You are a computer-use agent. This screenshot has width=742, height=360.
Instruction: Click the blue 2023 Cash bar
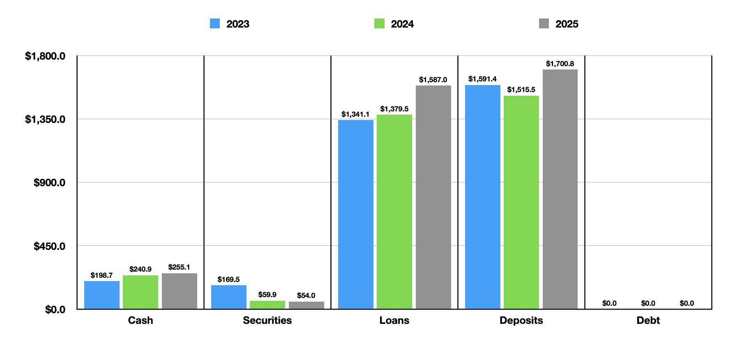tap(101, 295)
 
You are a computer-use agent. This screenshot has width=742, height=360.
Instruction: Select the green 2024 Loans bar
tap(394, 212)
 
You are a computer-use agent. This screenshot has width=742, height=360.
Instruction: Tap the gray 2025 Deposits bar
tap(560, 189)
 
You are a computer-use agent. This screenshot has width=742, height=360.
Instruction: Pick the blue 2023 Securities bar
tap(228, 297)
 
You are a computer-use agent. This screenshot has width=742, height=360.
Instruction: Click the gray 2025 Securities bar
tap(306, 305)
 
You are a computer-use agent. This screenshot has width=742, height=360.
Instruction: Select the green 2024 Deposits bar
tap(521, 202)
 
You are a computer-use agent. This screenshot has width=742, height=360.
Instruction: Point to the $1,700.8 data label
tap(560, 64)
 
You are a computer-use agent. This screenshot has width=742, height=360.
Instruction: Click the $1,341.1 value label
tap(355, 114)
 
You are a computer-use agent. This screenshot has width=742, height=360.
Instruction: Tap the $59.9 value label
tap(267, 295)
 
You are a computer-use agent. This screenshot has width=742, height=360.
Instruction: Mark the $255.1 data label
tap(179, 267)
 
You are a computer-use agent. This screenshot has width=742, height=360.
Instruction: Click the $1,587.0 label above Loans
tap(433, 80)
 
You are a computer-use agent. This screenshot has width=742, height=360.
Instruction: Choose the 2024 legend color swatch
tap(379, 23)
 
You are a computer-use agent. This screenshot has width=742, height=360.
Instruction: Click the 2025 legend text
tap(567, 24)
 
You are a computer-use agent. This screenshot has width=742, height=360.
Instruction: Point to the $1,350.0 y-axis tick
tap(45, 119)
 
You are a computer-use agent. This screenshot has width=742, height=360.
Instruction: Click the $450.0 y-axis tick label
tap(49, 246)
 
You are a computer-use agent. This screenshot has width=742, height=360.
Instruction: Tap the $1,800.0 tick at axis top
tap(45, 56)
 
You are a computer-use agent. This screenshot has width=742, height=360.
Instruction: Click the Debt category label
tap(648, 320)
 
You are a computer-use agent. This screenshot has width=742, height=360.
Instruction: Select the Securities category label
tap(267, 320)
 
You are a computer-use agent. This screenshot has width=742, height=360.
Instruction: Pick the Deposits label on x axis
tap(521, 320)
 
